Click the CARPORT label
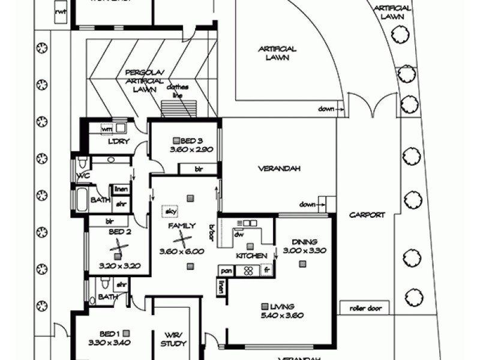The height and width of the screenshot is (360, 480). pos(367,215)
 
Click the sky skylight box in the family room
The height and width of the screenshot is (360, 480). pos(170,212)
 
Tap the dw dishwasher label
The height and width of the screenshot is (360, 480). pos(239,236)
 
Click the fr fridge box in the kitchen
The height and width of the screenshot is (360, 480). pos(267,271)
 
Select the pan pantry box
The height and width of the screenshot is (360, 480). pos(226,271)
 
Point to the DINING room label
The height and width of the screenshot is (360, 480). pos(304,242)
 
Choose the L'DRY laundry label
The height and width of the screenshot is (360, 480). pos(115,142)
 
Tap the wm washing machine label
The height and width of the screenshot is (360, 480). pos(107,128)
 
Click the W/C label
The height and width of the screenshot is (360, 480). pos(83,176)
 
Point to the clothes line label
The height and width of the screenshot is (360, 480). pos(178,91)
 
